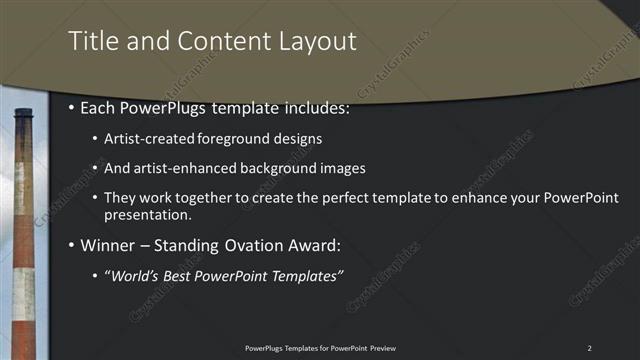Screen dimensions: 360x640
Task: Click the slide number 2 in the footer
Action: [589, 347]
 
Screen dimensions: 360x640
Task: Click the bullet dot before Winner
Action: [72, 245]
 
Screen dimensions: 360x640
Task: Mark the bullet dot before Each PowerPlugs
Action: [72, 106]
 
